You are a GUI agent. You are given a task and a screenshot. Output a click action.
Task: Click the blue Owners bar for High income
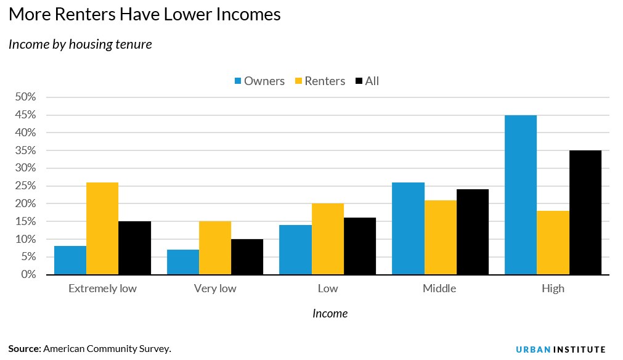click(x=521, y=195)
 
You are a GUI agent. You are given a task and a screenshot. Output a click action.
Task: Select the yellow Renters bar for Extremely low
click(x=102, y=229)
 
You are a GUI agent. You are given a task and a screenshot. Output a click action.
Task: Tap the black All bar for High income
click(x=585, y=213)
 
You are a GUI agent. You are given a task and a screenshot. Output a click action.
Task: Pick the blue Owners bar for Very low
click(x=183, y=262)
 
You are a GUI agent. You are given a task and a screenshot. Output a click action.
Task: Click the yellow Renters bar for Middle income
click(x=441, y=237)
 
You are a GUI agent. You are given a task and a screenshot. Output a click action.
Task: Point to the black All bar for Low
click(x=360, y=246)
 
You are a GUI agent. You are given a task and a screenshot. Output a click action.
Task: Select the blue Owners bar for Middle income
click(x=408, y=229)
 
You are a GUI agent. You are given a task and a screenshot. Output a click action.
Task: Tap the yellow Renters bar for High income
click(x=553, y=243)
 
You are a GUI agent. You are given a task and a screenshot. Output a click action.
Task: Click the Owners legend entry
click(x=259, y=81)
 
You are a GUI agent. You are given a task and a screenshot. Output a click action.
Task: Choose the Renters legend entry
click(x=319, y=81)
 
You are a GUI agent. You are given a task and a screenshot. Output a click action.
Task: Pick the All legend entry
click(x=367, y=81)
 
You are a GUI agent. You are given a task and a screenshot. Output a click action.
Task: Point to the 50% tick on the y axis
click(x=26, y=97)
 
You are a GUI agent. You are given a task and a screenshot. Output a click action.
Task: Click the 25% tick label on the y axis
click(x=26, y=186)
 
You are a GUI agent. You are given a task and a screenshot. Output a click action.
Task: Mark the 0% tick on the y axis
click(x=28, y=274)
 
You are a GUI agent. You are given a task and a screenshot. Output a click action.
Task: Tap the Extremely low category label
click(x=102, y=288)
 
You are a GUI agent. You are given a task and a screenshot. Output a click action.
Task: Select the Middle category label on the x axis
click(x=439, y=288)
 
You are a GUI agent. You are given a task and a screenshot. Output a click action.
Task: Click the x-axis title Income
click(x=330, y=314)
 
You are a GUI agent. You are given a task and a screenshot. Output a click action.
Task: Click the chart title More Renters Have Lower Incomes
click(x=145, y=15)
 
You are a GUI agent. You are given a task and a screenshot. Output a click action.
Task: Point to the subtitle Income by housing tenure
click(x=80, y=44)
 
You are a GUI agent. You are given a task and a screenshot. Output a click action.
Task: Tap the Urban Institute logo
click(x=560, y=350)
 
